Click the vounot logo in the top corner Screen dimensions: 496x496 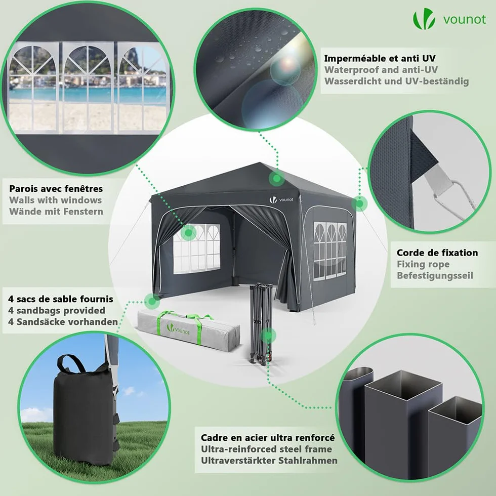pos(449,19)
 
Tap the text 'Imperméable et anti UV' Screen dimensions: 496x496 pos(380,58)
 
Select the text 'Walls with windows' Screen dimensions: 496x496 pos(55,200)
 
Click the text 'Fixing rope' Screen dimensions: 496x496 pos(423,264)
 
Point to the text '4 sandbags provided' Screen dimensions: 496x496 pos(57,310)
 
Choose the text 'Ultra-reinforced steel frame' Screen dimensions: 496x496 pos(266,449)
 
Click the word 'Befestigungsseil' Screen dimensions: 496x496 pos(435,275)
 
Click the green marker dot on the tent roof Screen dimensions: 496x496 pos(277,178)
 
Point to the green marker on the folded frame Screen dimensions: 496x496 pos(268,336)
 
